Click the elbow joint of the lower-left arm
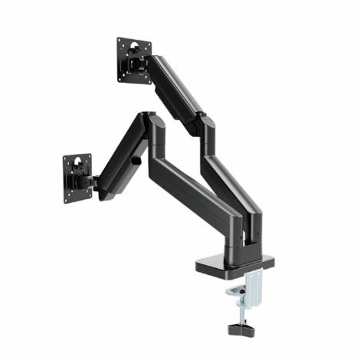click(x=149, y=122)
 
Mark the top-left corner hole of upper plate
click(x=120, y=41)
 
